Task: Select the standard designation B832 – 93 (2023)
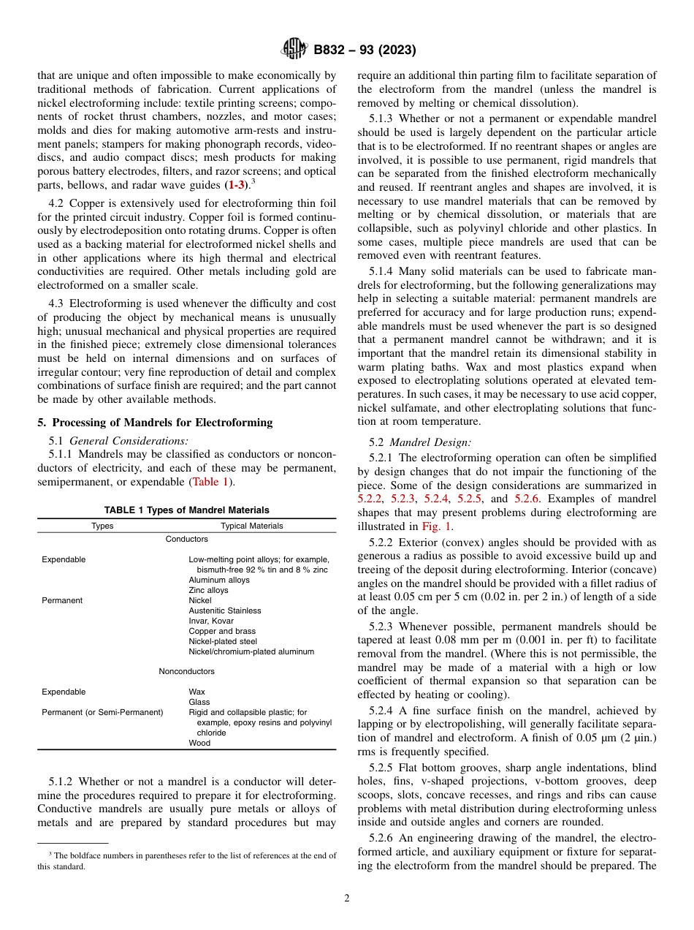tap(365, 50)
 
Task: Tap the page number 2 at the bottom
tap(347, 899)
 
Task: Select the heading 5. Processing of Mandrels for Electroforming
tap(155, 423)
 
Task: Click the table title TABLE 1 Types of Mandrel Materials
tap(186, 510)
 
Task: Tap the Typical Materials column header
tap(251, 526)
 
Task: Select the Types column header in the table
tap(102, 526)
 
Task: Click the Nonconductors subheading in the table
tap(186, 671)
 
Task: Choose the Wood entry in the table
tap(199, 743)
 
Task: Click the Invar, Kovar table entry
tap(211, 621)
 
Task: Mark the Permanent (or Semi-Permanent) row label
tap(102, 712)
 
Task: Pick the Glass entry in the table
tap(199, 702)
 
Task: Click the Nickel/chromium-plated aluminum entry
tap(251, 651)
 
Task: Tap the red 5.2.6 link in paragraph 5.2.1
tap(526, 498)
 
